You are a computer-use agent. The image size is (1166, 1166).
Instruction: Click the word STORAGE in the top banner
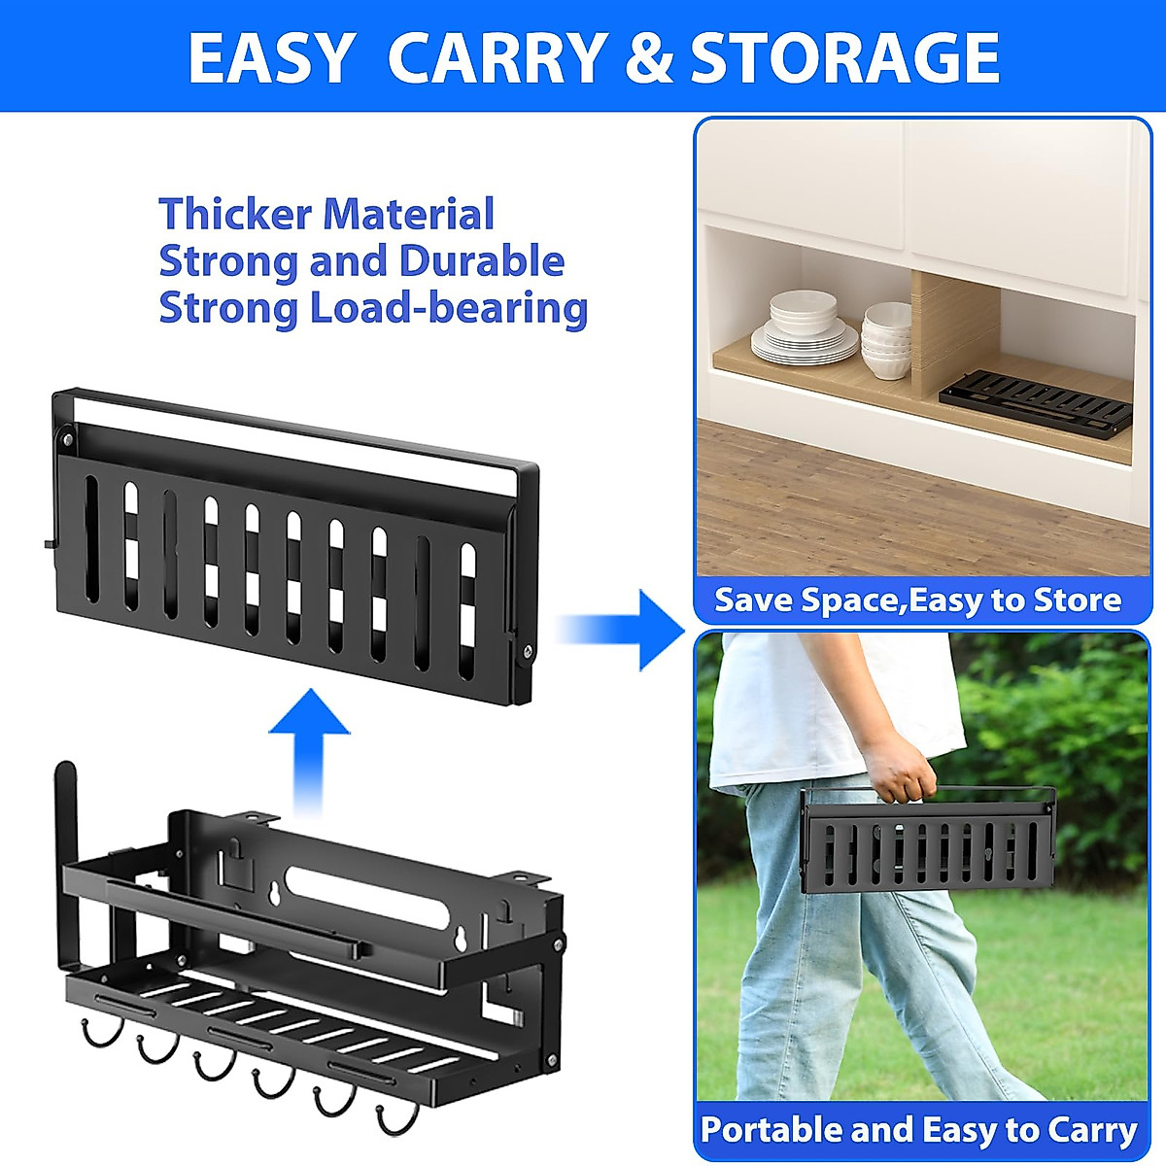coord(844,57)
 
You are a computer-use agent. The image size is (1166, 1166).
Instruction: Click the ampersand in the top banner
coord(648,57)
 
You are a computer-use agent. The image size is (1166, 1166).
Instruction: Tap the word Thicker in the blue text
coord(238,214)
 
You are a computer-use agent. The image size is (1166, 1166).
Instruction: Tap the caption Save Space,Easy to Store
coord(917,600)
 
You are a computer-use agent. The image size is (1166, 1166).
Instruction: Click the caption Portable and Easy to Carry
coord(918,1130)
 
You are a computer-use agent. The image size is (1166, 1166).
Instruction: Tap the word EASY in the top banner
coord(271,57)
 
